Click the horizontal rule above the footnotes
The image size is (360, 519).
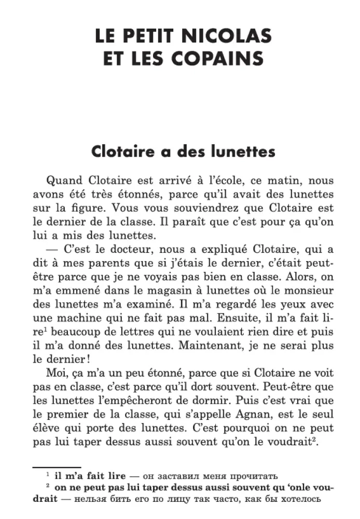tap(57, 467)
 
